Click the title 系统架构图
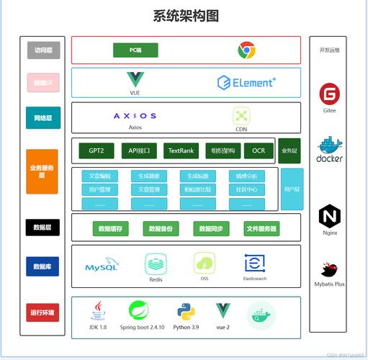tap(186, 15)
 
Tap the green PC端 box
tap(135, 50)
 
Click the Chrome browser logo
tap(247, 50)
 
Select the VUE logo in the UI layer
tap(135, 80)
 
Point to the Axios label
tap(135, 127)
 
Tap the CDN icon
tap(241, 116)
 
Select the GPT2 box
tap(97, 150)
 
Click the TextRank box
tap(180, 150)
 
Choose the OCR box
tap(258, 150)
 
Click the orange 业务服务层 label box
tap(42, 171)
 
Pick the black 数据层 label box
tap(42, 227)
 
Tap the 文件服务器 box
tap(261, 229)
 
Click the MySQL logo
tap(102, 266)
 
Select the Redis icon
tap(156, 264)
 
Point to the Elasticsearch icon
tap(255, 263)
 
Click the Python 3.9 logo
tap(186, 311)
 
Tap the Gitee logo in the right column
tap(330, 94)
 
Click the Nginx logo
tap(330, 216)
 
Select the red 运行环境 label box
tap(42, 312)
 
